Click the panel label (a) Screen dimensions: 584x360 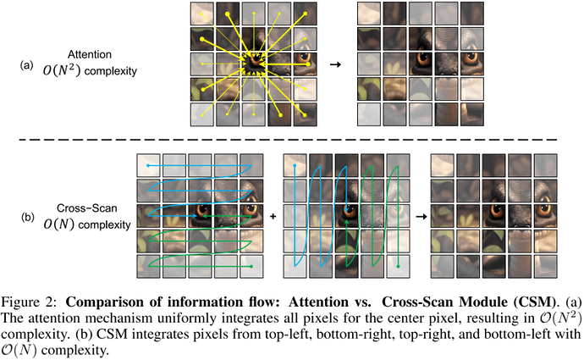click(26, 65)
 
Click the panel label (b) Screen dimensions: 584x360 click(28, 217)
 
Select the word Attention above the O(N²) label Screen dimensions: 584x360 click(90, 54)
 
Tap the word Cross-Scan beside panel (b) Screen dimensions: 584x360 click(87, 208)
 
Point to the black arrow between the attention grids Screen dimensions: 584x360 click(335, 64)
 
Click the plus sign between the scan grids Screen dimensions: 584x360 click(273, 216)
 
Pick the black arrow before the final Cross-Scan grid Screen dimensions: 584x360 click(421, 216)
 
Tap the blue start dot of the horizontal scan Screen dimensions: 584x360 click(148, 165)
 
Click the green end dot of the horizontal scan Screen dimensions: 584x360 click(251, 267)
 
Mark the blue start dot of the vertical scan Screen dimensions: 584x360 click(295, 165)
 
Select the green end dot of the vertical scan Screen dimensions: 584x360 click(398, 267)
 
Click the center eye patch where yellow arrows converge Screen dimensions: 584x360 click(255, 64)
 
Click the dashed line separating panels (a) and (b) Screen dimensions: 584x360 click(289, 140)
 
